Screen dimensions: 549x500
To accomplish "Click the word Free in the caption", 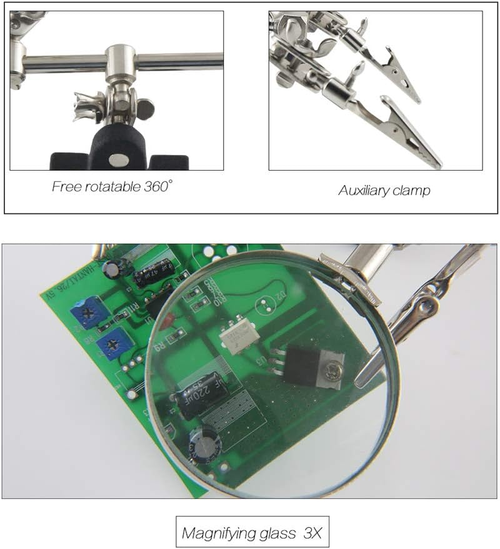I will coord(64,186).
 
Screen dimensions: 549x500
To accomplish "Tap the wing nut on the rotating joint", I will coord(86,106).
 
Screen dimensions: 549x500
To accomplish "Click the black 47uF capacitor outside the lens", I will coord(152,273).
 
